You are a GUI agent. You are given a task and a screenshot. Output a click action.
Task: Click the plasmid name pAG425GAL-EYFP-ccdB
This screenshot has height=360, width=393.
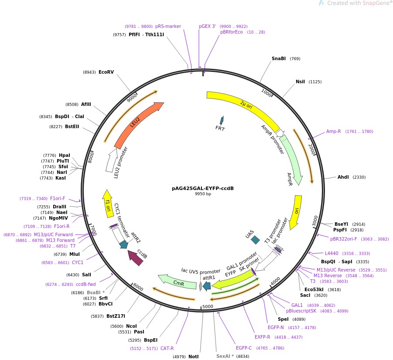(203, 188)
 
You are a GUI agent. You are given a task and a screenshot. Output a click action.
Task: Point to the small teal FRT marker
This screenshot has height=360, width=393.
(222, 121)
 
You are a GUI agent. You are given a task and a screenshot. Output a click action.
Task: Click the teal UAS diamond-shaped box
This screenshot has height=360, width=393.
(255, 240)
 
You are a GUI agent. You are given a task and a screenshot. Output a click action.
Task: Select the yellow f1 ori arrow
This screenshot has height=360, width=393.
(107, 203)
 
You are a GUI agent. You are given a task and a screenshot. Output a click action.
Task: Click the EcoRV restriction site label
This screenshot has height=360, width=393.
(106, 72)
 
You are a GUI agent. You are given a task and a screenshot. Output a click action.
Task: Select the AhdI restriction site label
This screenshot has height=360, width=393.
(343, 177)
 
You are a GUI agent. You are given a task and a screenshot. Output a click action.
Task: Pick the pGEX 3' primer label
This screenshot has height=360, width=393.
(208, 26)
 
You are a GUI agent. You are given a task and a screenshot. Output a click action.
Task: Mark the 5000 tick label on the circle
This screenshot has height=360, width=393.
(208, 306)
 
